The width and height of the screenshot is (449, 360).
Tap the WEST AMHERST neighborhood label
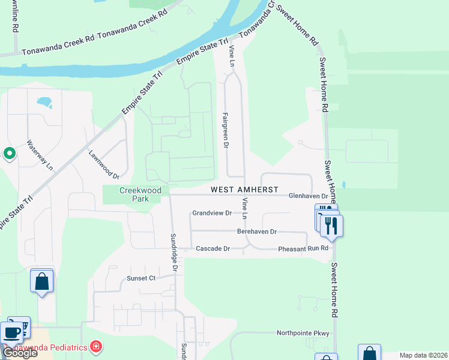pyautogui.click(x=244, y=190)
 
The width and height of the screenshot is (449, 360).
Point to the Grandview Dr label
pyautogui.click(x=212, y=213)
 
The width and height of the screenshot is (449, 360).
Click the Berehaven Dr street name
pyautogui.click(x=256, y=232)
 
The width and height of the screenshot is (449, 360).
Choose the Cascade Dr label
pyautogui.click(x=213, y=248)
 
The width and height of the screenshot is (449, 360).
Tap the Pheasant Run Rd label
pyautogui.click(x=303, y=248)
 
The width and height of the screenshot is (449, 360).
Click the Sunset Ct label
pyautogui.click(x=140, y=278)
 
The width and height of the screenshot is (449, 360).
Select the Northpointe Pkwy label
pyautogui.click(x=303, y=333)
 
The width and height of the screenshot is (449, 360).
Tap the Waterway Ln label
pyautogui.click(x=40, y=155)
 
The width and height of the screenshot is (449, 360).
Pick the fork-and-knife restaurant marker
pyautogui.click(x=330, y=225)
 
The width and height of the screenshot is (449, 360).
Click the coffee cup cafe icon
pyautogui.click(x=13, y=332)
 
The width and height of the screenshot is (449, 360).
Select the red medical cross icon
pyautogui.click(x=95, y=346)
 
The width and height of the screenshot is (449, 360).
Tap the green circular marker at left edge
pyautogui.click(x=10, y=154)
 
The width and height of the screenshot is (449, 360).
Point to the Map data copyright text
pyautogui.click(x=423, y=355)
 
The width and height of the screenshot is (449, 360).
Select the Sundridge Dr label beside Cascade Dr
pyautogui.click(x=173, y=252)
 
